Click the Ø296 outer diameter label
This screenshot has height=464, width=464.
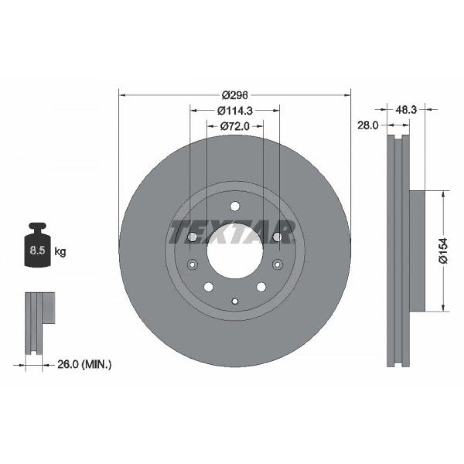click(x=235, y=95)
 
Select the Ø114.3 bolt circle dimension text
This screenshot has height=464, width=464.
click(x=235, y=111)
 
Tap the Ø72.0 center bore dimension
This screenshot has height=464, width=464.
click(x=235, y=126)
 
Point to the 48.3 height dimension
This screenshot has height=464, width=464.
click(x=406, y=110)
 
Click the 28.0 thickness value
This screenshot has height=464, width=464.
click(x=368, y=125)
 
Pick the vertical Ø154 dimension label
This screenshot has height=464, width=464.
click(x=443, y=251)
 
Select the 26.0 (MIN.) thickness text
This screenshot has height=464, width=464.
click(x=84, y=364)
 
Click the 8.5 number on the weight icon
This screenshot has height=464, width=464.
click(x=37, y=251)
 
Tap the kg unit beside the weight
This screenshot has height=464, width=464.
click(x=60, y=252)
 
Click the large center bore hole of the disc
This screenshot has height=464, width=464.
click(x=235, y=251)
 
